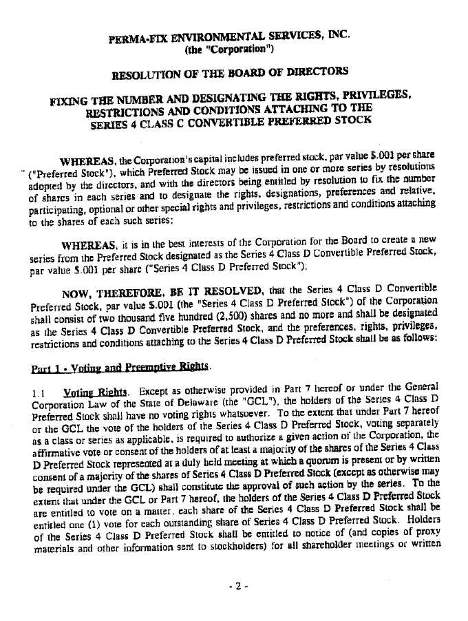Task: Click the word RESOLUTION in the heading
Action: point(145,74)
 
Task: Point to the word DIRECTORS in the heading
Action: point(313,71)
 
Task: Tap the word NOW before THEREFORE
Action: point(76,291)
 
